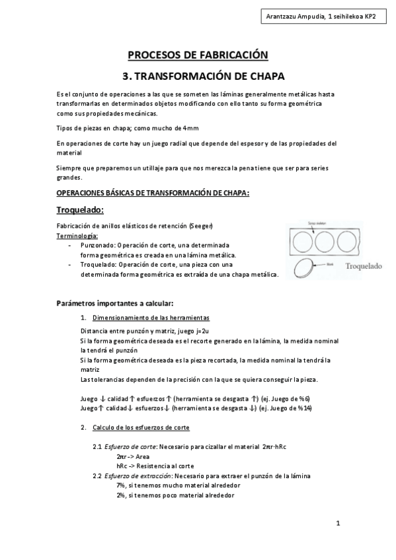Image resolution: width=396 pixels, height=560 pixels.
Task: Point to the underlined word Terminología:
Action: (77, 235)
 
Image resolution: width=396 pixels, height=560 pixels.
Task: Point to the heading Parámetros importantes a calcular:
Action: (115, 304)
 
